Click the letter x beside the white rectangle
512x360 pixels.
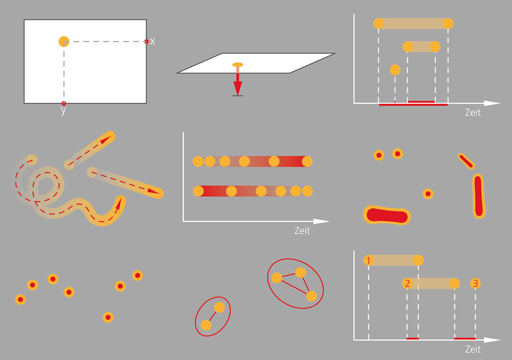tap(152, 42)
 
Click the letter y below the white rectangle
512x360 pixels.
tap(64, 111)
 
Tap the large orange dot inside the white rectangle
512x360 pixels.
tap(64, 41)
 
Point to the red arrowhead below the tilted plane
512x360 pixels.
tap(238, 88)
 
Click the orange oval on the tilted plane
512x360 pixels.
tap(238, 65)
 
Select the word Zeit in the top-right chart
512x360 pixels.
tap(473, 112)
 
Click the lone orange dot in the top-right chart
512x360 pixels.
tap(395, 70)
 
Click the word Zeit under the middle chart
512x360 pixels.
tap(302, 231)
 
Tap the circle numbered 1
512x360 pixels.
tap(368, 260)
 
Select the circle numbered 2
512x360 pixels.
tap(407, 284)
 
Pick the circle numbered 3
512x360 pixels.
tap(476, 284)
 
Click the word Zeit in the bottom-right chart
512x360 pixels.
tap(473, 349)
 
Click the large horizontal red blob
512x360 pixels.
tap(387, 215)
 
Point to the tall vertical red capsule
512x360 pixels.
tap(479, 196)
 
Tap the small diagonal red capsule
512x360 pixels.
tap(466, 161)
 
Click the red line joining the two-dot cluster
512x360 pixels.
tap(212, 316)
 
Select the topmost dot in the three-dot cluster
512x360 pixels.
tap(300, 272)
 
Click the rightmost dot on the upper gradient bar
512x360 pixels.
tap(307, 161)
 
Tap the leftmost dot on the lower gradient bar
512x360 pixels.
tap(198, 191)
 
